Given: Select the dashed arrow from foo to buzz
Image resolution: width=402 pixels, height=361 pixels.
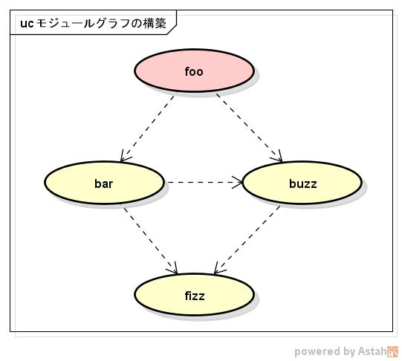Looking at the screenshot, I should click(x=250, y=127).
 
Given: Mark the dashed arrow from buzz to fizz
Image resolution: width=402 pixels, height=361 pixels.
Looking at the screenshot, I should click(x=247, y=238).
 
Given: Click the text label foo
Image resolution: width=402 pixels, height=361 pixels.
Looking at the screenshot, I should click(x=194, y=72).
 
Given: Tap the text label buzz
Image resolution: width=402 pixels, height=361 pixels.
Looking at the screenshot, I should click(x=302, y=183).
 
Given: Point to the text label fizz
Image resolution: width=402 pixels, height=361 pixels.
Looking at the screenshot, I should click(x=194, y=296).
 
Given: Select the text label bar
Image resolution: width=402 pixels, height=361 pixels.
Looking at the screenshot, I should click(x=103, y=183).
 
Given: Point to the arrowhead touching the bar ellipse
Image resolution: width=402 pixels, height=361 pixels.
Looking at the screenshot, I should click(x=124, y=157).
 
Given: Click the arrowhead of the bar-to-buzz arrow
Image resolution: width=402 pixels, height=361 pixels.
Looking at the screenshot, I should click(x=239, y=182).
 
